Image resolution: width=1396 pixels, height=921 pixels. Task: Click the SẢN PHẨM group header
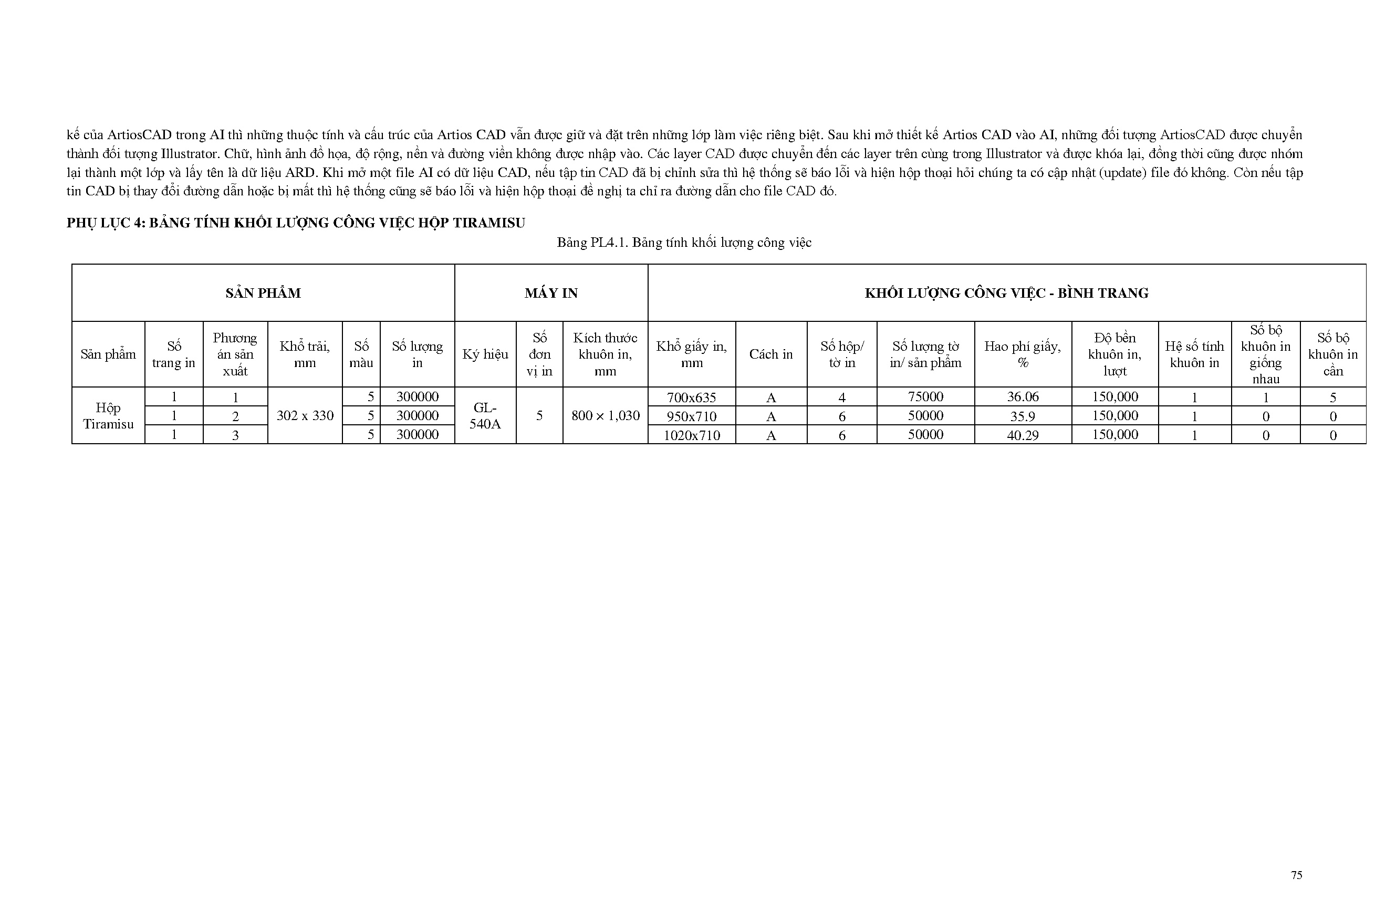pos(263,293)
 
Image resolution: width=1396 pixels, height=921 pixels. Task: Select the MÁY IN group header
pos(550,293)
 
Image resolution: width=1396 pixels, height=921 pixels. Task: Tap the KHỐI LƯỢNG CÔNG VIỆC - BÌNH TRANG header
pos(1006,293)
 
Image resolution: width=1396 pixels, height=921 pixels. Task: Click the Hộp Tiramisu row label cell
pos(108,415)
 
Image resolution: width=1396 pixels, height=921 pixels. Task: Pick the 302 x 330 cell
pos(305,415)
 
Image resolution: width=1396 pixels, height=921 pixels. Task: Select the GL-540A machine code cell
pos(485,415)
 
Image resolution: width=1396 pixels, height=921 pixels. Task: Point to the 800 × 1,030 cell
pos(605,415)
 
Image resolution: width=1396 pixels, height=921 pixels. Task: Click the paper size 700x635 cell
pos(691,397)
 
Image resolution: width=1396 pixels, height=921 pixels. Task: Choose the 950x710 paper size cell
pos(691,416)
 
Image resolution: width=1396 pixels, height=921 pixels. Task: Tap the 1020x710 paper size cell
pos(691,435)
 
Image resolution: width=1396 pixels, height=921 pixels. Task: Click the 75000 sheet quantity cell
pos(925,396)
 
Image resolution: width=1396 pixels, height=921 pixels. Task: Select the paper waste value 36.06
pos(1023,396)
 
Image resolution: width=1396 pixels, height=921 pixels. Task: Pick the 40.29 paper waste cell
pos(1023,435)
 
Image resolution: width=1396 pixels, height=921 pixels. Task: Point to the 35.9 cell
pos(1023,416)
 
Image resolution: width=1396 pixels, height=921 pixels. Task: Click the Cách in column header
pos(771,354)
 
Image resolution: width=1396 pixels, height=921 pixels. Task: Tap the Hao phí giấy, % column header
pos(1023,354)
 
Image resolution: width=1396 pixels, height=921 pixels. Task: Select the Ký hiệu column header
pos(485,354)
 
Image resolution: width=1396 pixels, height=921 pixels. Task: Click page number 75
pos(1296,875)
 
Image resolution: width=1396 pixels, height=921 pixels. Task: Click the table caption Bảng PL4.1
pos(683,243)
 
